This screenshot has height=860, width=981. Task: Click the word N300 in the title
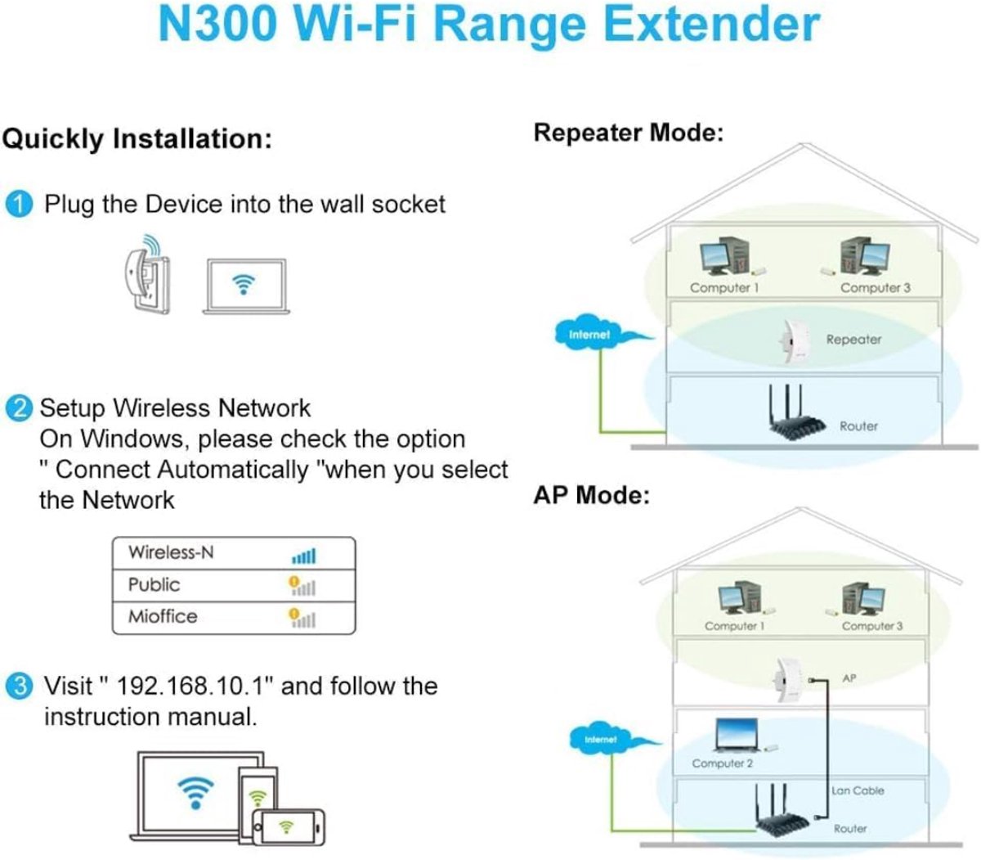pos(217,25)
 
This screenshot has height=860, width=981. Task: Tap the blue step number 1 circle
pos(19,205)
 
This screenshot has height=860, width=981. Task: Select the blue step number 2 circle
pos(19,408)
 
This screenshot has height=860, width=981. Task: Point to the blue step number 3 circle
pos(19,686)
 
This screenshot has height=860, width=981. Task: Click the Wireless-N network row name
pos(171,553)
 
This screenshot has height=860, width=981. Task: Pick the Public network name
pos(154,585)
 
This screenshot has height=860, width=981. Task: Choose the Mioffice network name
pos(163,616)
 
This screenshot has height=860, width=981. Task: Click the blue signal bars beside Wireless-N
pos(303,556)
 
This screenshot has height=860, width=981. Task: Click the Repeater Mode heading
pos(628,133)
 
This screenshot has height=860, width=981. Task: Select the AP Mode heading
pos(591,495)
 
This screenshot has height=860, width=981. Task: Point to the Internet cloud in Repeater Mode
pos(590,335)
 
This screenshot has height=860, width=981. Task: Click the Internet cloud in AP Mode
pos(601,739)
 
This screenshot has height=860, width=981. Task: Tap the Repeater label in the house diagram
pos(853,340)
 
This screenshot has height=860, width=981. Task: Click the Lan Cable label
pos(858,790)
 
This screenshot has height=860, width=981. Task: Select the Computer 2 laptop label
pos(722,763)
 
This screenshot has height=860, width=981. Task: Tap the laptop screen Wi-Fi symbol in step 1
pos(244,285)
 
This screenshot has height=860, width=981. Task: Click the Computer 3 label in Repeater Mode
pos(875,288)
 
